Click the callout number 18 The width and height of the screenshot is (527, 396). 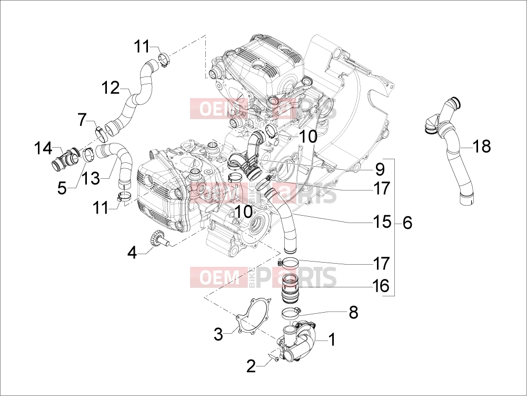(482, 146)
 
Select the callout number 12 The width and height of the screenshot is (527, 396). (111, 88)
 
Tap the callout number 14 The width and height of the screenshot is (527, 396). (43, 149)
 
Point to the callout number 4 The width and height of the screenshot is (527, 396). (133, 253)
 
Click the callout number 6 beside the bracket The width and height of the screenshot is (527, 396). (407, 223)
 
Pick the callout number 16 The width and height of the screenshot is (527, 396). (381, 286)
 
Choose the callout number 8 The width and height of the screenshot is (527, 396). (354, 313)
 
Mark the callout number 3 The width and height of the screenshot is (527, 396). (218, 335)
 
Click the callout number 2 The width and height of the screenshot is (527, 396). (251, 366)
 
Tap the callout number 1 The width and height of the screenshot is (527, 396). (332, 340)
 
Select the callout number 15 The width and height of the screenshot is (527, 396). (382, 222)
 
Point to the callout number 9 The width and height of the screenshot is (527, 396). (380, 169)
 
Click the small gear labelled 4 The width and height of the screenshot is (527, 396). (157, 238)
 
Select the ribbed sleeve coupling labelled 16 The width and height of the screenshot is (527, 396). (290, 288)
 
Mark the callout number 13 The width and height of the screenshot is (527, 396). (91, 178)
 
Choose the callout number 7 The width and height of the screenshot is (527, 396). (82, 120)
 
